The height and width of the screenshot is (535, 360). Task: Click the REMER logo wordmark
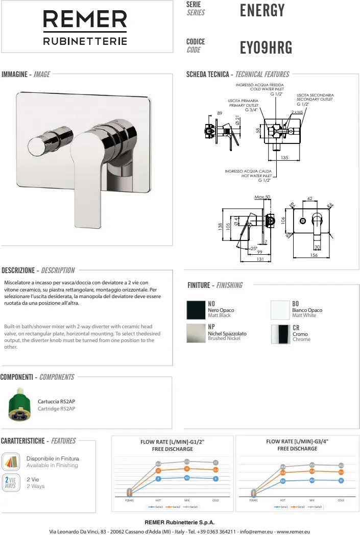(x=85, y=21)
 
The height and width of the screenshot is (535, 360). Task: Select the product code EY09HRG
(x=266, y=47)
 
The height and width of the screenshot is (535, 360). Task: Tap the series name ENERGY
(x=261, y=10)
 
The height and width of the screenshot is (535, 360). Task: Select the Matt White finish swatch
(x=280, y=310)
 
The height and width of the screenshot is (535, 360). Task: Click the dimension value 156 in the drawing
(x=314, y=255)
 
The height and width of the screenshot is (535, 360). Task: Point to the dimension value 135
(x=284, y=158)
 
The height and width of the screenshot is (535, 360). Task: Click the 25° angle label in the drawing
(x=254, y=248)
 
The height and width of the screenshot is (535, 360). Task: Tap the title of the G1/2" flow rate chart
(x=173, y=445)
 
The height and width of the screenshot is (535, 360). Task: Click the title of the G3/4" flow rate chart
(x=297, y=445)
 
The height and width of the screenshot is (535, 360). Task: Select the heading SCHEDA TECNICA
(x=207, y=75)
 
